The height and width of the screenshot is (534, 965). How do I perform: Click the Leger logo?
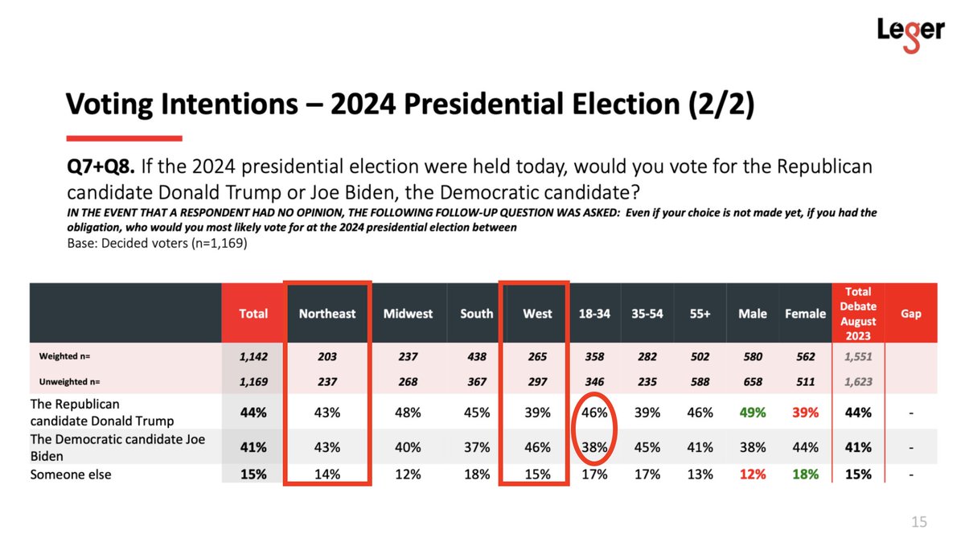point(910,35)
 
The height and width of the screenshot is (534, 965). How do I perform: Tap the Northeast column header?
point(327,314)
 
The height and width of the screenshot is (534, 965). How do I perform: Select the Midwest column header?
point(408,314)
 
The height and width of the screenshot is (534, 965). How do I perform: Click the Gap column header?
point(910,314)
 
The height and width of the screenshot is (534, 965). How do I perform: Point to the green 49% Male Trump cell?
point(753,413)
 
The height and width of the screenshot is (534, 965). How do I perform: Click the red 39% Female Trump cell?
point(805,413)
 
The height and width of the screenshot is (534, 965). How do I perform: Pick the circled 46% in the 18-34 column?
point(594,413)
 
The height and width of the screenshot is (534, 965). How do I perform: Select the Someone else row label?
point(71,474)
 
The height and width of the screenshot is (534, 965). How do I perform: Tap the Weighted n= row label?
point(64,356)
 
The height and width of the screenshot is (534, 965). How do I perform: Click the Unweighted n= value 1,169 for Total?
point(253,382)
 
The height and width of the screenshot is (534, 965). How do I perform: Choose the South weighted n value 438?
point(476,356)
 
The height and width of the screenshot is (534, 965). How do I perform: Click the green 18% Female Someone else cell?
point(805,474)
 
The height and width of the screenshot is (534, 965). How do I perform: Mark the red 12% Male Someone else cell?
point(753,474)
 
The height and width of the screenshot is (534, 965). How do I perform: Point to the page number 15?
point(919,522)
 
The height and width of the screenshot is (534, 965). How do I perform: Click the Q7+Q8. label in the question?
point(101,166)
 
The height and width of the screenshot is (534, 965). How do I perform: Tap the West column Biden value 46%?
point(537,447)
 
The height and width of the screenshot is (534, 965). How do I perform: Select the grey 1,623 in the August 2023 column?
point(858,382)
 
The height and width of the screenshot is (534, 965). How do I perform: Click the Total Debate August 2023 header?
point(858,314)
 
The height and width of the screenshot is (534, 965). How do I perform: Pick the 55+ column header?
point(700,314)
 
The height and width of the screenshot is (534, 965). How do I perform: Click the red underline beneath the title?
point(124,138)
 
